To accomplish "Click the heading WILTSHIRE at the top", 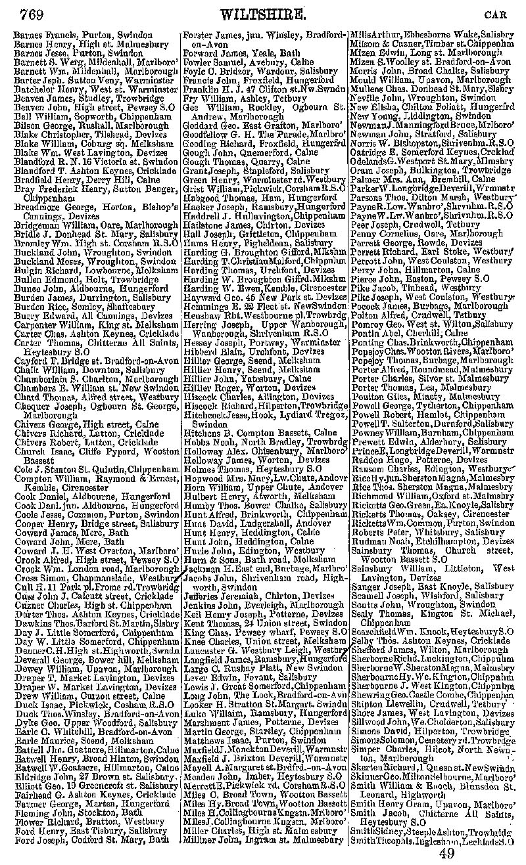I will (266, 14).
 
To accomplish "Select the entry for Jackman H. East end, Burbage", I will (264, 566).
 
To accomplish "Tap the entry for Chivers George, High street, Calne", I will (86, 424).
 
